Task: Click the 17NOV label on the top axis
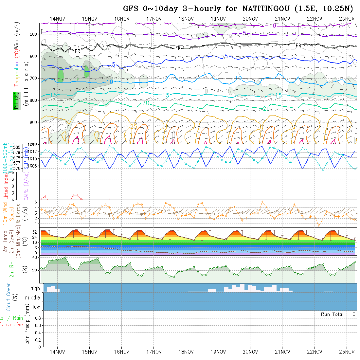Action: coord(153,19)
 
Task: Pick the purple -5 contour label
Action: coord(243,33)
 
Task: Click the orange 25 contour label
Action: coord(134,126)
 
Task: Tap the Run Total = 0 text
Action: coord(338,314)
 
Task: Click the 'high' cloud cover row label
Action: coord(35,288)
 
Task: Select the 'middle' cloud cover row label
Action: coord(32,297)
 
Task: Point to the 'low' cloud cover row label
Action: coord(36,307)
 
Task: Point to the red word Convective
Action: coord(11,325)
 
